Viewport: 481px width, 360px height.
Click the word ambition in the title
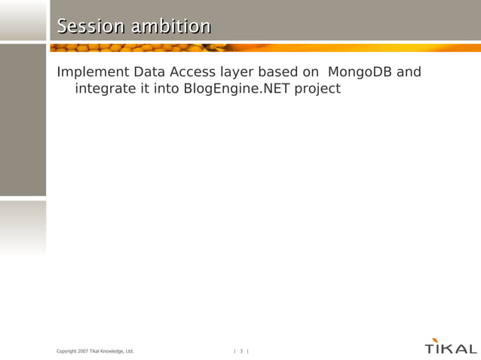(x=171, y=26)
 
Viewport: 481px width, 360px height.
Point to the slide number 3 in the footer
(x=241, y=351)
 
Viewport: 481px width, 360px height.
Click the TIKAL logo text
(x=451, y=349)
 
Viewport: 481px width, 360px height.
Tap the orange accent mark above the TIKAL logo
(x=434, y=340)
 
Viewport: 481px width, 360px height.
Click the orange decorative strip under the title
(x=264, y=47)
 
